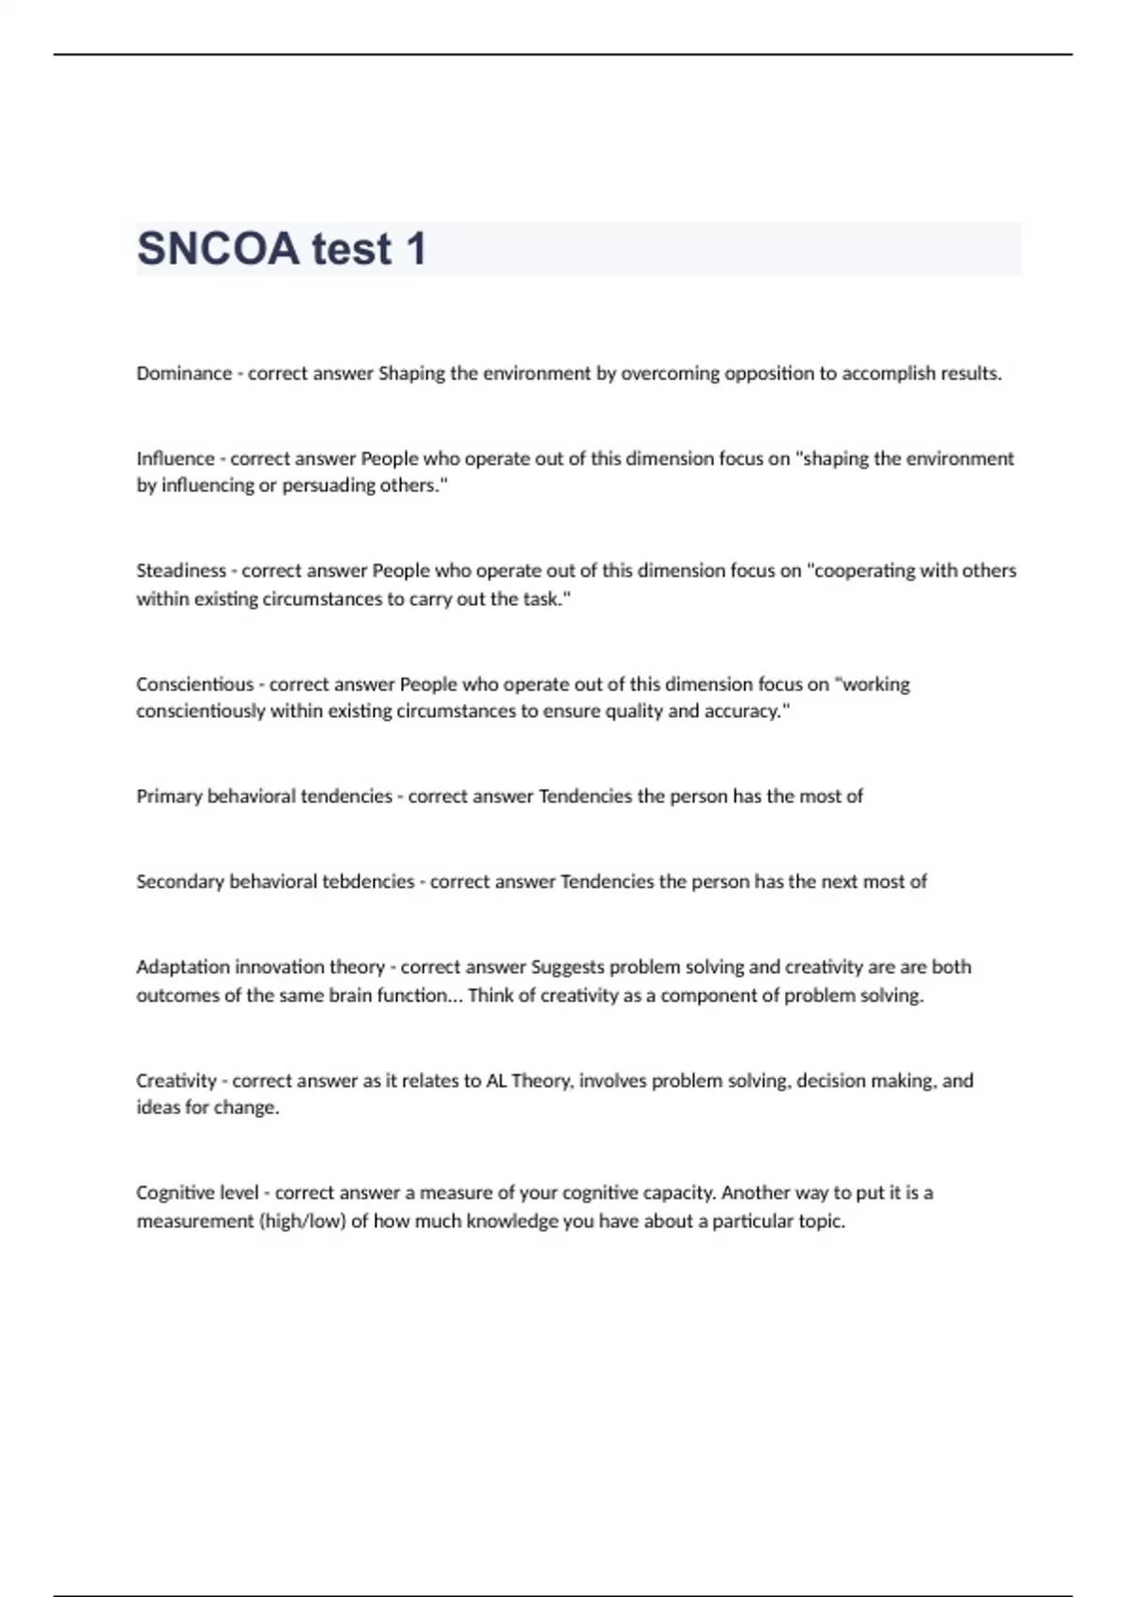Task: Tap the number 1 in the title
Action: point(415,249)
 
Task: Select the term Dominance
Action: point(184,374)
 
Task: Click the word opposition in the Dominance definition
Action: point(765,374)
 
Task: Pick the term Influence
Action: point(176,458)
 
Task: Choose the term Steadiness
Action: point(181,571)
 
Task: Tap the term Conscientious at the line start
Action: point(195,685)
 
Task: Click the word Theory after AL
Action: point(541,1081)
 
